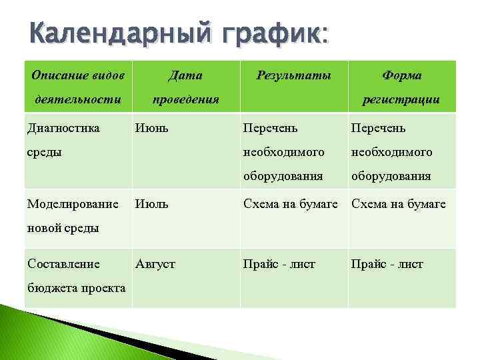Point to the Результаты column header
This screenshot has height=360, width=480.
point(293,75)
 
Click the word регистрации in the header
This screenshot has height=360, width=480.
point(401,99)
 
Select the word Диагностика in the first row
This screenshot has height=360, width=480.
point(63,127)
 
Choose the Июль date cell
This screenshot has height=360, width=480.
point(152,204)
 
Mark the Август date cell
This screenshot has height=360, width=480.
point(155,264)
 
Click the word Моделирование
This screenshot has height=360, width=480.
point(73,204)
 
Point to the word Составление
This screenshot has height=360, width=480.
point(64,264)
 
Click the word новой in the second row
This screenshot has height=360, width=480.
point(43,228)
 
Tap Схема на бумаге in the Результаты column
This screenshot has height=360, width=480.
point(291,204)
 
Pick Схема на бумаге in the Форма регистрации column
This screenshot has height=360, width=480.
point(399,204)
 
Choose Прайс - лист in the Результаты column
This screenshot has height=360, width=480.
point(279,264)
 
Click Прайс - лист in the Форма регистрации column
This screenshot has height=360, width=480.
point(387,264)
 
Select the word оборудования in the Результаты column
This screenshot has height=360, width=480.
point(283,177)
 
